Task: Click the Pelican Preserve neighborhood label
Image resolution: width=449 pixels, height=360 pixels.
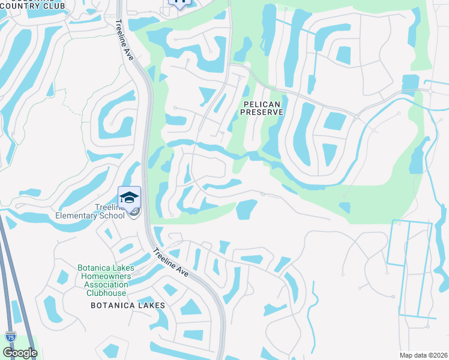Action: [x=261, y=108]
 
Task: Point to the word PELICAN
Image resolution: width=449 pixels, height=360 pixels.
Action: [x=261, y=104]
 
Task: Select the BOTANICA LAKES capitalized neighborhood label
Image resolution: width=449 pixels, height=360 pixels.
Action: [x=127, y=305]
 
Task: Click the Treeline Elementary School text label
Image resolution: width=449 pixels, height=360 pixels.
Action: [x=89, y=211]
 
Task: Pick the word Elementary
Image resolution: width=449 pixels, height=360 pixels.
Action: [x=77, y=215]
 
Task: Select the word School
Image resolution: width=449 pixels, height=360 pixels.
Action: [x=112, y=215]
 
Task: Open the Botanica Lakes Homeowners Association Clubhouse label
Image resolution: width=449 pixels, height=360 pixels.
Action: [x=103, y=280]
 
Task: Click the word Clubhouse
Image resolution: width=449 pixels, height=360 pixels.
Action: [x=106, y=293]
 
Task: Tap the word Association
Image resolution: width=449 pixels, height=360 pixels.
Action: [x=103, y=284]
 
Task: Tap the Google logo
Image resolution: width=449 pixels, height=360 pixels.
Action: [x=20, y=353]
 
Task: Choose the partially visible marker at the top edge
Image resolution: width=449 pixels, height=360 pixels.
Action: [x=179, y=3]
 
